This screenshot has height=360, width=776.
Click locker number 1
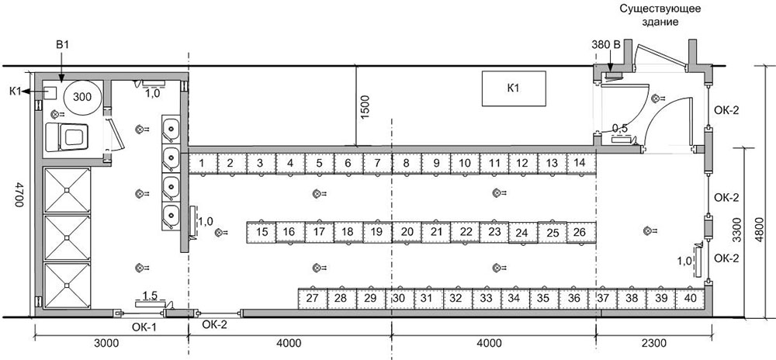click(203, 163)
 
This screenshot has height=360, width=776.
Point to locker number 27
click(312, 299)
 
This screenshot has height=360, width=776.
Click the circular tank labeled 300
click(83, 97)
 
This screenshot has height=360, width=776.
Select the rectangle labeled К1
click(514, 88)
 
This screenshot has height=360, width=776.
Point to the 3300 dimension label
click(737, 231)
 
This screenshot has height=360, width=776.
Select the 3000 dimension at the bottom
click(106, 343)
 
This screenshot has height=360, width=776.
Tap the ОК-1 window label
click(146, 327)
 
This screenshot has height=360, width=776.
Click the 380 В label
click(606, 44)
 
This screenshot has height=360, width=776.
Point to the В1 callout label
click(62, 44)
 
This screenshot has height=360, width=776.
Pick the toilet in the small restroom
click(67, 137)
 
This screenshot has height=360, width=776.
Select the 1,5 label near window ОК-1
click(150, 296)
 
